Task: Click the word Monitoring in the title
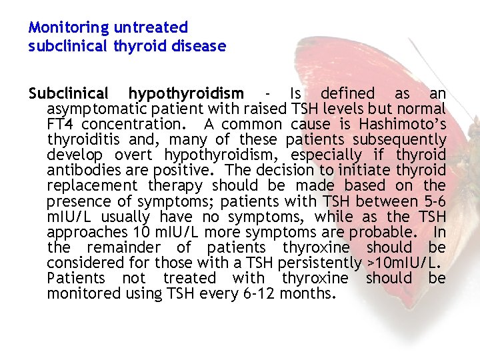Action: (69, 28)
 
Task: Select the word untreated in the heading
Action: (151, 28)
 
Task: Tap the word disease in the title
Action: (199, 47)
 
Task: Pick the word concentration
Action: (137, 125)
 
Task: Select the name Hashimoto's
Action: (403, 124)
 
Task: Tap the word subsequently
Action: (399, 140)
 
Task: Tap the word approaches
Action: (85, 232)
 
